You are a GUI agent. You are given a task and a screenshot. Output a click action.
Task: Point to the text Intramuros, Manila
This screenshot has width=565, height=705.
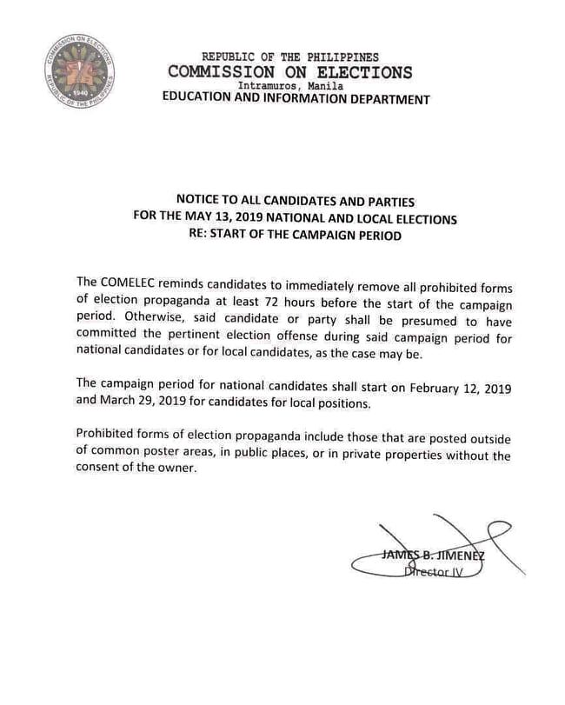pyautogui.click(x=291, y=86)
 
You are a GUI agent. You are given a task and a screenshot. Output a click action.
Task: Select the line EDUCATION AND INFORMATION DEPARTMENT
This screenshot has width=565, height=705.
pyautogui.click(x=296, y=99)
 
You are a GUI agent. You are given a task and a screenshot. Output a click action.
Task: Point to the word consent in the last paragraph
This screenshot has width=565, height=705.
pyautogui.click(x=100, y=469)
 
